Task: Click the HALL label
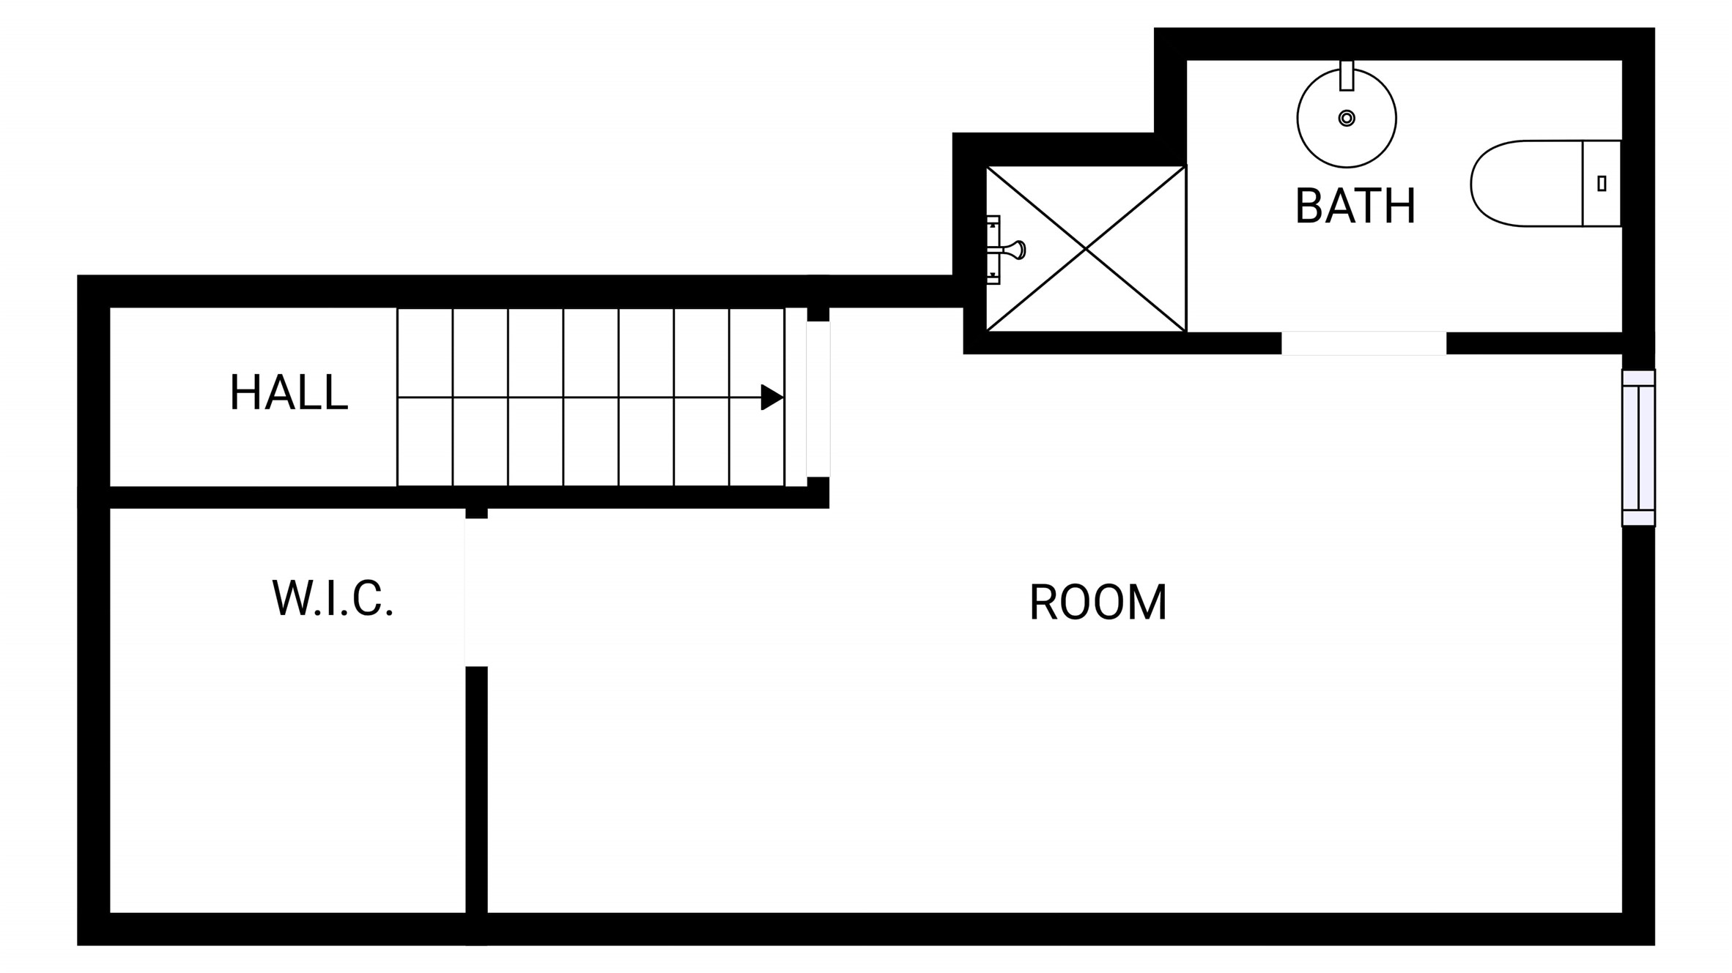(289, 392)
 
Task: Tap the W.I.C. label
(333, 598)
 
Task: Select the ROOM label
(1098, 603)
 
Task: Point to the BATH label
(1355, 206)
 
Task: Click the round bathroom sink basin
(1347, 119)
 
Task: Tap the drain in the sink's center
(1347, 118)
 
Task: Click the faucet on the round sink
(1347, 76)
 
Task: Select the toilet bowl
(1526, 183)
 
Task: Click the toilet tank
(1602, 183)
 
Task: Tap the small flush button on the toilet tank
(1602, 183)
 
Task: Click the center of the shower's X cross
(1086, 249)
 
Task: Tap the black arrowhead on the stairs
(772, 398)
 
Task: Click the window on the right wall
(1638, 448)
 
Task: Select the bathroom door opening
(1363, 343)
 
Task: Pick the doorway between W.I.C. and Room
(476, 592)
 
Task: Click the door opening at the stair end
(818, 399)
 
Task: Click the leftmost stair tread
(425, 397)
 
